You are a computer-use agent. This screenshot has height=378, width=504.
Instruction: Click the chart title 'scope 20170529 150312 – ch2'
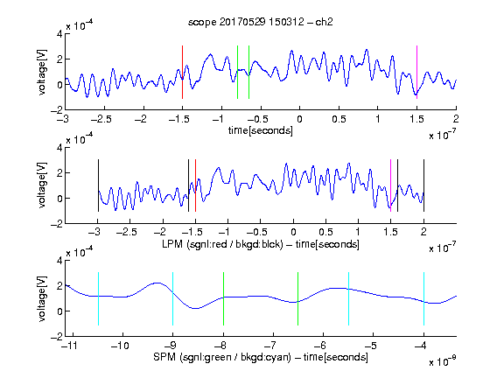[261, 22]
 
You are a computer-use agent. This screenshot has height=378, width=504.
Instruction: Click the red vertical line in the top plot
[182, 72]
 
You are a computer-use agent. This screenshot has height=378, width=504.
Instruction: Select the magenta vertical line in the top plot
[416, 72]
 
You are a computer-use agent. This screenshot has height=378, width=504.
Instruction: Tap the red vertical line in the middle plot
[195, 185]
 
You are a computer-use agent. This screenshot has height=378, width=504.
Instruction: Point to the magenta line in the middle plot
[390, 185]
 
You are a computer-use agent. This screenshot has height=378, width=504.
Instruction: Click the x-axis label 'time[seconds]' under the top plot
[261, 130]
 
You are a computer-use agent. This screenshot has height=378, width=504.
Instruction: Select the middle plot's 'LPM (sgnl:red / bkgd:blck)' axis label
[222, 244]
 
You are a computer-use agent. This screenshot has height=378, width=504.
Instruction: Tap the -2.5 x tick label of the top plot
[101, 119]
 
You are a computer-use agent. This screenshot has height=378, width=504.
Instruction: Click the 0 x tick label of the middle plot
[293, 232]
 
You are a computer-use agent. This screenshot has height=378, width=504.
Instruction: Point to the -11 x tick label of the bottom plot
[70, 346]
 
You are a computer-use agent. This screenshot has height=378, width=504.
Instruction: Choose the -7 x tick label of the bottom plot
[270, 346]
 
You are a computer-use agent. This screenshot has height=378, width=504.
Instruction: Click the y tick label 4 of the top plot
[59, 34]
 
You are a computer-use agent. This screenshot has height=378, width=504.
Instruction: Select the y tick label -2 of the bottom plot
[57, 337]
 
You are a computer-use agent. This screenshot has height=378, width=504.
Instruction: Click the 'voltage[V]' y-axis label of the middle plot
[42, 185]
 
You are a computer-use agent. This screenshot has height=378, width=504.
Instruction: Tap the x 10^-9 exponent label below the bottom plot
[442, 360]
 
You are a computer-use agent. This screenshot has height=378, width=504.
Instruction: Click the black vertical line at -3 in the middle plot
[98, 185]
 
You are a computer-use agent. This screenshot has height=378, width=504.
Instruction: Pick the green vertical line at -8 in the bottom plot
[223, 298]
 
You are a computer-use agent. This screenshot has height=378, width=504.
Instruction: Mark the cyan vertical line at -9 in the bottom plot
[172, 298]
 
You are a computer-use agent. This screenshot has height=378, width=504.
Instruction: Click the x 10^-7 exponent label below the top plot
[442, 135]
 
